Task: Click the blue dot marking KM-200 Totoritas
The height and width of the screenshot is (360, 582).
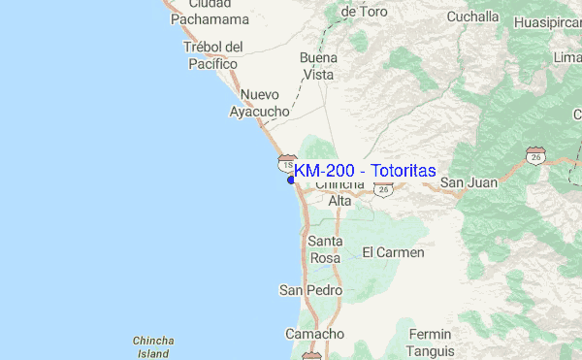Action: (x=290, y=179)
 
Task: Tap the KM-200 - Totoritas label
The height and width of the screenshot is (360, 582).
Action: (x=365, y=170)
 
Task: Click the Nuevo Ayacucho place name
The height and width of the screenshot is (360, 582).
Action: (x=259, y=103)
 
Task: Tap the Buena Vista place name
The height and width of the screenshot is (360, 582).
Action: (x=317, y=65)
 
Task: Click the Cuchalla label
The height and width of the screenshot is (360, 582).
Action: (x=472, y=16)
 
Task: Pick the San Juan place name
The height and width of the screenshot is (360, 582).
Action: (x=469, y=182)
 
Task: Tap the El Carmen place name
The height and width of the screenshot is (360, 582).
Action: (x=393, y=252)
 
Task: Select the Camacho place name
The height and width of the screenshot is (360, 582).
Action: (x=315, y=334)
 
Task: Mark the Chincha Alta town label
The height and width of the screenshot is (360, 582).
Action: (x=339, y=192)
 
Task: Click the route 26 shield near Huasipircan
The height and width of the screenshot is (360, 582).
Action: (x=536, y=156)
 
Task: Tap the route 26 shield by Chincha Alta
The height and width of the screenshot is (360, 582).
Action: (x=384, y=190)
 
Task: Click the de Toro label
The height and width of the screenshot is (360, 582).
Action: (x=365, y=12)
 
